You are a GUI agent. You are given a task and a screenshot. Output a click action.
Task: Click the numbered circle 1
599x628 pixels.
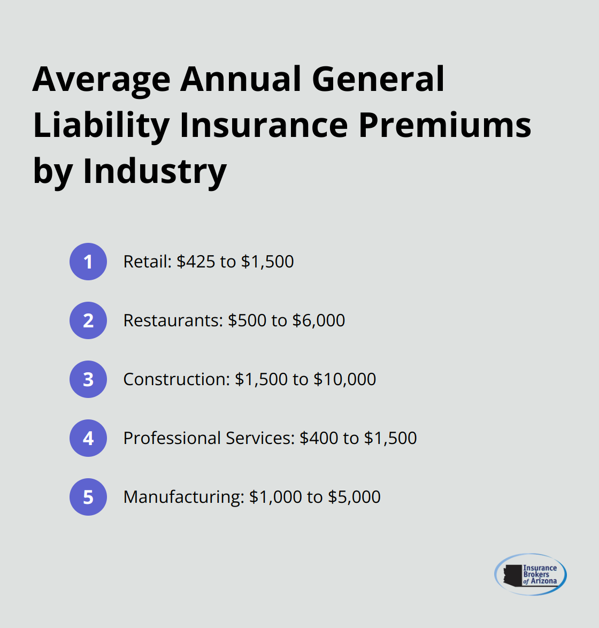(x=88, y=262)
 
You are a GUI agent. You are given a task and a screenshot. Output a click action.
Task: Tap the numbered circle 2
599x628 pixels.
(x=88, y=320)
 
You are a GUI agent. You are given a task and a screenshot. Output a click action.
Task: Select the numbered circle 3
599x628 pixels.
(x=88, y=379)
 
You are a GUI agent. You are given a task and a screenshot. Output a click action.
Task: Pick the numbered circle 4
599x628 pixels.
(x=88, y=438)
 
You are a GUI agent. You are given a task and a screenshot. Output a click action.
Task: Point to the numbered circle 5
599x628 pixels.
(x=88, y=497)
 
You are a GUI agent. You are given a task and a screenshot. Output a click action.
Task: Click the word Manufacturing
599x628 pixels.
(x=183, y=497)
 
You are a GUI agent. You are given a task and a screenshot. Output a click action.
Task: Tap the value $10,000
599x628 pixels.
(x=344, y=379)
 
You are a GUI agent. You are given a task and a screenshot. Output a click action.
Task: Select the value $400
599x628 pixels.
(x=319, y=438)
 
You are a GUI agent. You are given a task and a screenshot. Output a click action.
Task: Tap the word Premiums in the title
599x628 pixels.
(x=445, y=126)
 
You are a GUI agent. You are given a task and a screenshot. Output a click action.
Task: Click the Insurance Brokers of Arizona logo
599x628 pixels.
(x=530, y=575)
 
